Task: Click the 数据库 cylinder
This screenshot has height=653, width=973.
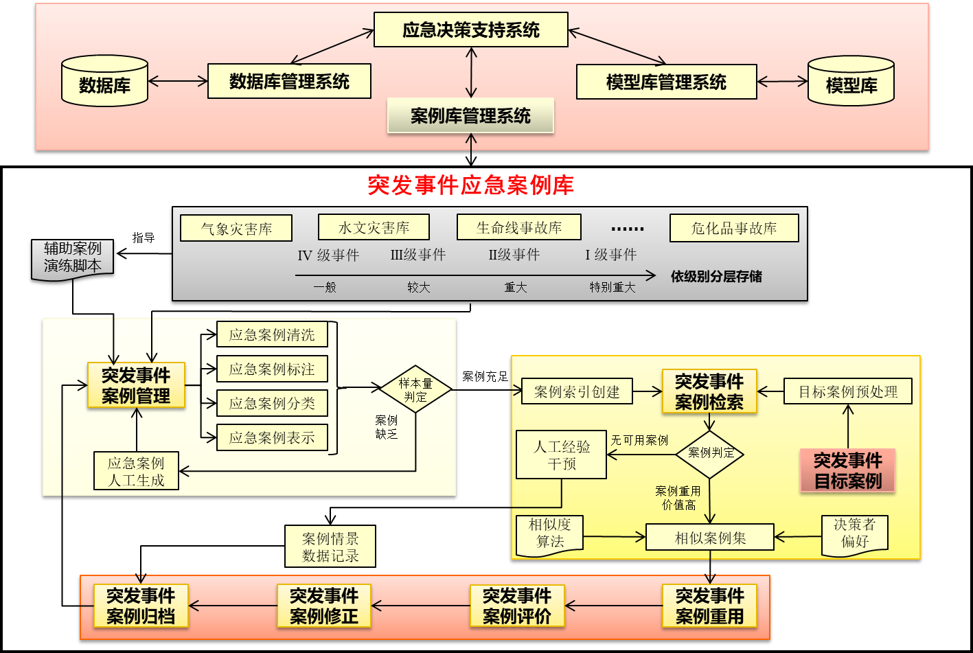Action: pos(104,82)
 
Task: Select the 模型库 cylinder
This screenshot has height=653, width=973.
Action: pos(851,82)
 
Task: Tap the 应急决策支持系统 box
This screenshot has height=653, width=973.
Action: pos(470,30)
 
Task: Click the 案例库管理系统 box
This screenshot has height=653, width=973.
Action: pos(470,116)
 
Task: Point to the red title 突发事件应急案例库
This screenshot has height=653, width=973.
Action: pos(470,185)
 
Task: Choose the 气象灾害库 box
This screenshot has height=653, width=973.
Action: pos(236,229)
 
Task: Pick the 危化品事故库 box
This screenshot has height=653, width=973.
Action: pos(734,229)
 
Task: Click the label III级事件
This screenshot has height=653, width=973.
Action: pos(418,255)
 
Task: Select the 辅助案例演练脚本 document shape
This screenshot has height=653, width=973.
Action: pos(73,258)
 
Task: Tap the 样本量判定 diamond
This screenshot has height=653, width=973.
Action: pos(415,389)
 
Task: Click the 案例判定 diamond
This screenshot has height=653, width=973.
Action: pos(710,453)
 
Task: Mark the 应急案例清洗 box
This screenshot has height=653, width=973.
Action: pos(272,335)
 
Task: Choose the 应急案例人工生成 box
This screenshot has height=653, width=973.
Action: pos(136,471)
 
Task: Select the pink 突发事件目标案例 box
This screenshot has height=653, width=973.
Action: pos(847,470)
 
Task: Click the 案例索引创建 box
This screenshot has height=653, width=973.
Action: pos(577,392)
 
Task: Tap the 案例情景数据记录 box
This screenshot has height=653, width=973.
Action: pos(330,547)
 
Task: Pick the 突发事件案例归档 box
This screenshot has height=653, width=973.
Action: pos(141,606)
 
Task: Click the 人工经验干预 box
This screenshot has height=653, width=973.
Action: pos(561,455)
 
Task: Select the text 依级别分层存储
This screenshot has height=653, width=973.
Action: pos(716,277)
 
